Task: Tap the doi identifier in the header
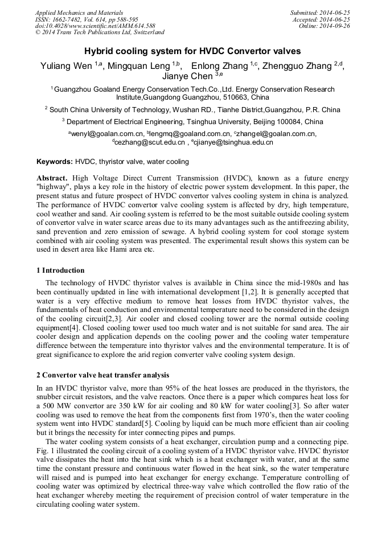pyautogui.click(x=95, y=26)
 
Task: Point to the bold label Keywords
pyautogui.click(x=55, y=162)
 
